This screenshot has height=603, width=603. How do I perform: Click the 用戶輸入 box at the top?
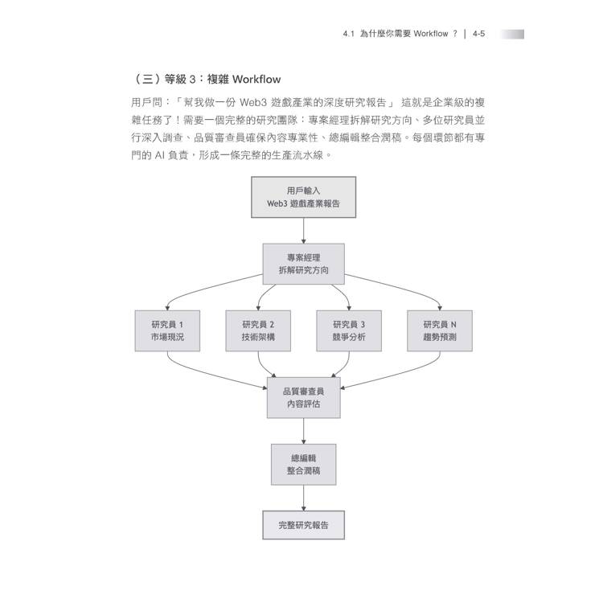[303, 197]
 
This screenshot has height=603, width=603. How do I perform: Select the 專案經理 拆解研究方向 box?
[303, 264]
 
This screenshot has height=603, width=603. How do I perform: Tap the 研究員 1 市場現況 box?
[167, 330]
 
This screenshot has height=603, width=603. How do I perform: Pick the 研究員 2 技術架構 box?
[258, 330]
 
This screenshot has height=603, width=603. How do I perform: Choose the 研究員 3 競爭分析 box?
[349, 330]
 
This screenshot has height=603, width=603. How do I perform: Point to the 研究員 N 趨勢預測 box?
[440, 330]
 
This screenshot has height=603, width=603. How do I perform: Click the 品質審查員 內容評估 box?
[303, 398]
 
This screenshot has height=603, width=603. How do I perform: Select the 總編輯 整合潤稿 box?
[303, 464]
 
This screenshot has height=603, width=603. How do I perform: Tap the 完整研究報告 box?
[303, 525]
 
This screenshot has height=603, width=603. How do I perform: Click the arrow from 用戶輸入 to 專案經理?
[303, 231]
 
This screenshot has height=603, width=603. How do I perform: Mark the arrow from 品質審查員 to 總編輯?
[303, 431]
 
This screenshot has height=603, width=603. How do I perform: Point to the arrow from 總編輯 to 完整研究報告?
[303, 498]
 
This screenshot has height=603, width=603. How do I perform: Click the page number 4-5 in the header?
[479, 34]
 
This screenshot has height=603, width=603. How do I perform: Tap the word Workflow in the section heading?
[256, 80]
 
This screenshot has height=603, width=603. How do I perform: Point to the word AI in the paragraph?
[160, 155]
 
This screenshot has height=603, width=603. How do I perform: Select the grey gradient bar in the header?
[512, 35]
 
